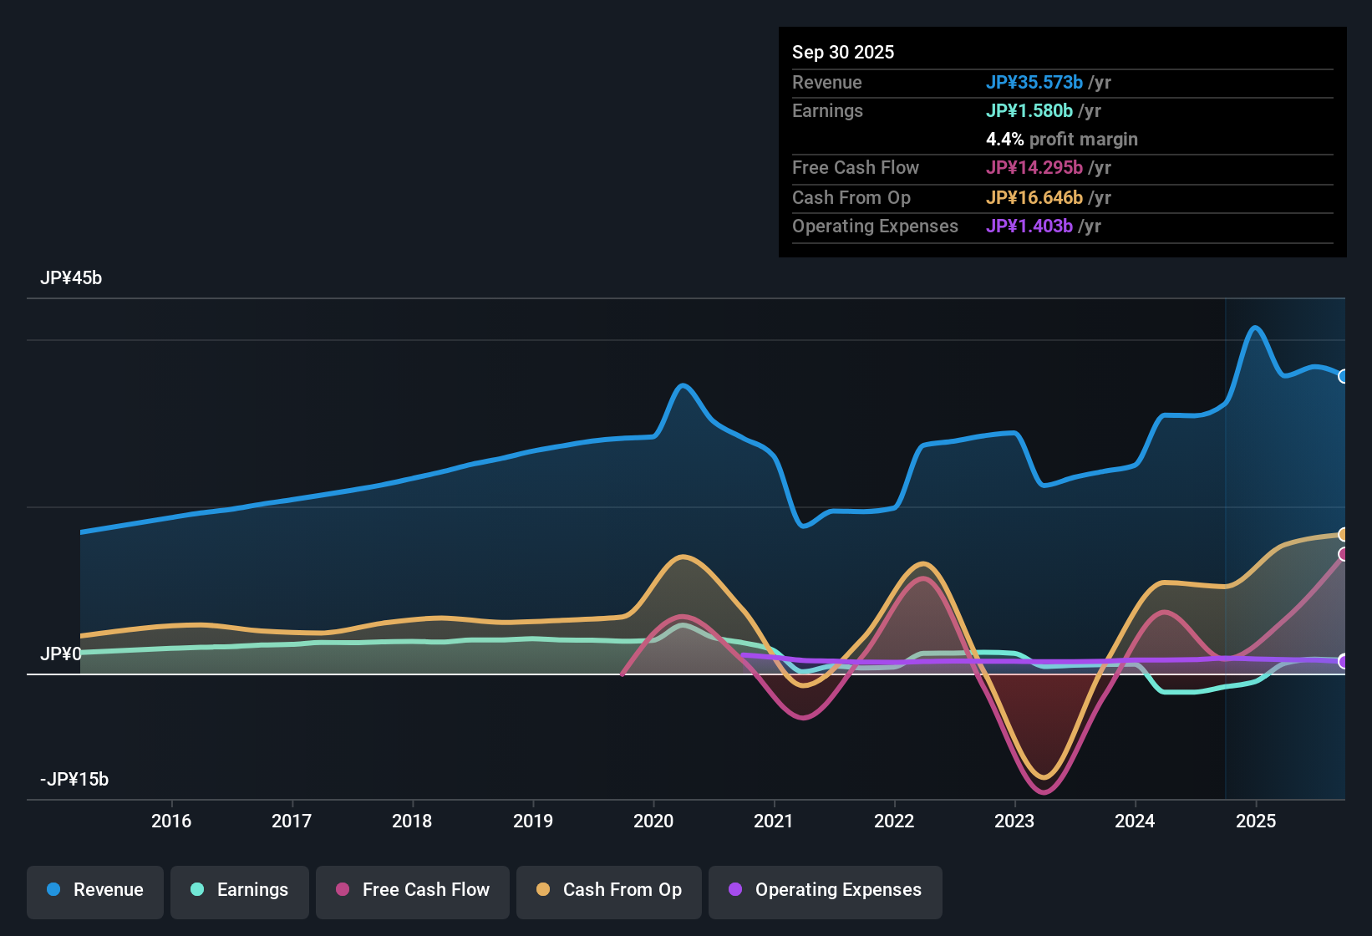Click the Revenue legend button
[x=95, y=890]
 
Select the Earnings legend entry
[x=240, y=890]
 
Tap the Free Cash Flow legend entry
[x=413, y=890]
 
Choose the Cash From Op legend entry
[x=609, y=890]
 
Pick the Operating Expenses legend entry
[x=826, y=890]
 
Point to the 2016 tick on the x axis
[x=171, y=821]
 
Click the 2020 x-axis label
[x=653, y=821]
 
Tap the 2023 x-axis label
[x=1014, y=821]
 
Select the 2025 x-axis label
[x=1256, y=821]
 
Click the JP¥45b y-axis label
[x=71, y=278]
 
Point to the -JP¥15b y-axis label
[x=74, y=780]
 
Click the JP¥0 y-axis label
[x=61, y=654]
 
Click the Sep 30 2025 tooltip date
[x=843, y=53]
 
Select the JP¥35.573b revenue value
[x=1034, y=83]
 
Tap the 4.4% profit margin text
[x=1061, y=140]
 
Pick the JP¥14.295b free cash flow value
[x=1034, y=168]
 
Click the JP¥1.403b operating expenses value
[x=1029, y=226]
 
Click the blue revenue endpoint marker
[x=1344, y=376]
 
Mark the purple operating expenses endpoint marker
[x=1344, y=661]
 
